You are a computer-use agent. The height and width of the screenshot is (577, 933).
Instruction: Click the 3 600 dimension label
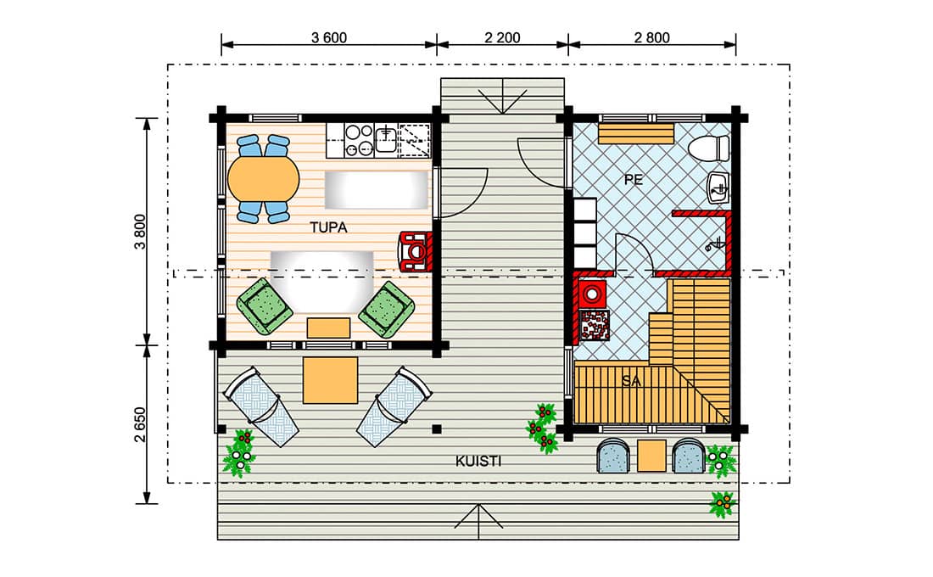tap(328, 37)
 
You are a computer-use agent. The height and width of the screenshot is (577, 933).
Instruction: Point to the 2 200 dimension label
tap(502, 37)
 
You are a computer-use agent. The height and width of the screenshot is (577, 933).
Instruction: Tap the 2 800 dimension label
tap(651, 37)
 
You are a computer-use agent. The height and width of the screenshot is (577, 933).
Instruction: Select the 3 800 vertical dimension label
tap(140, 232)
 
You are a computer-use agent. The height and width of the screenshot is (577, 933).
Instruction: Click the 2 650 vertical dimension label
tap(140, 424)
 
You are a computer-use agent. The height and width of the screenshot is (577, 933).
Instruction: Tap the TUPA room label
tap(328, 227)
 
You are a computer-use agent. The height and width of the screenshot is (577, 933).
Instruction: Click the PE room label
tap(634, 179)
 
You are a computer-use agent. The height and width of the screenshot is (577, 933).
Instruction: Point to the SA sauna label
tap(631, 380)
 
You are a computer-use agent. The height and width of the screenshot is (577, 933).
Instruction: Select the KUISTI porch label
tap(478, 461)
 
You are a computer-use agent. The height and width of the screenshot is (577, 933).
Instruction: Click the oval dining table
tap(264, 179)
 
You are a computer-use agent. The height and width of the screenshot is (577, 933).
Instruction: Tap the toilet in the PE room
tap(709, 148)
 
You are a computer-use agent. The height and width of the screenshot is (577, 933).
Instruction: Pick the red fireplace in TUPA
tap(416, 252)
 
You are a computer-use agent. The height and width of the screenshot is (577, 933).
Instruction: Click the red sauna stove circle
tap(593, 293)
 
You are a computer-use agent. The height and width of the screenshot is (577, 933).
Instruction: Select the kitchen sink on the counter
tap(386, 139)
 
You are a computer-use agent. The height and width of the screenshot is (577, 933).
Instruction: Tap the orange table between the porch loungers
tap(330, 380)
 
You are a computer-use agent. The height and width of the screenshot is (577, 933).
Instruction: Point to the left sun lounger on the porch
tap(260, 406)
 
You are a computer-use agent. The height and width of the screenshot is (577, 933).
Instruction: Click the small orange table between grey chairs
tap(651, 456)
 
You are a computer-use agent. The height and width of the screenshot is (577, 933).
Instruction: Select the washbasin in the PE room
tap(718, 188)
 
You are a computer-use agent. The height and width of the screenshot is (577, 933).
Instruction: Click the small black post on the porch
tap(437, 429)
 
